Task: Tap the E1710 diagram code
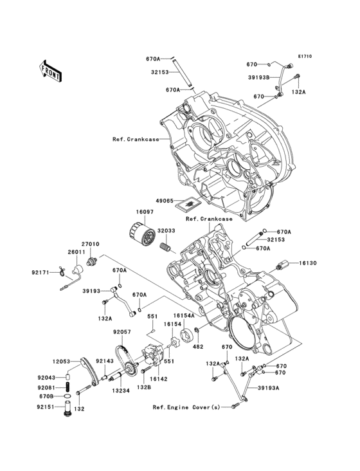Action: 304,57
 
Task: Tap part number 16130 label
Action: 325,263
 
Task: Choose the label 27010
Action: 90,245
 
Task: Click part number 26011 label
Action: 75,252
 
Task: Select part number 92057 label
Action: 122,332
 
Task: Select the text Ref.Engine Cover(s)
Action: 186,407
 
